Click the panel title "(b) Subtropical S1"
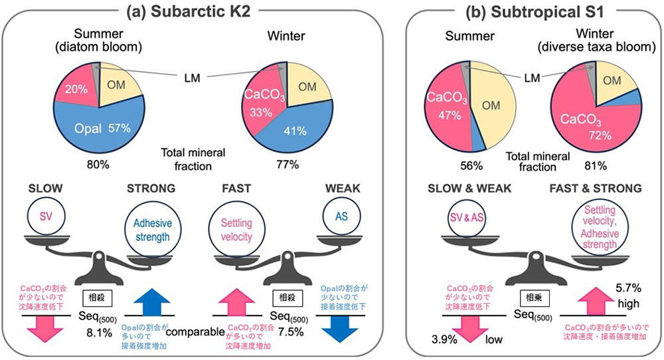point(531,12)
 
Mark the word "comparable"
point(195,329)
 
